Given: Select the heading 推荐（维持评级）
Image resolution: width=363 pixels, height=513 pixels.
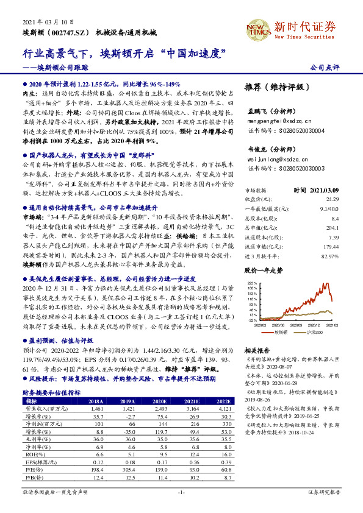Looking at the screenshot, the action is [275, 87].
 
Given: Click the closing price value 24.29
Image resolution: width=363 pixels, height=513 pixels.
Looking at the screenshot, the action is [332, 199].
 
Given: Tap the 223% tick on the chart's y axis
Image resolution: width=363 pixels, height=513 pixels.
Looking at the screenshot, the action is [251, 283].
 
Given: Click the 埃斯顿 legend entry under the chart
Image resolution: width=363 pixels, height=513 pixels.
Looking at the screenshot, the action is [281, 332].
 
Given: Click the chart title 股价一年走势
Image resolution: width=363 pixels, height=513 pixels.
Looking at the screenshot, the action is [264, 269].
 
